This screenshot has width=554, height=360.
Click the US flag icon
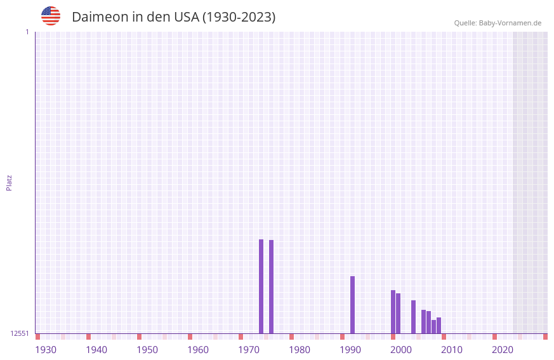(51, 17)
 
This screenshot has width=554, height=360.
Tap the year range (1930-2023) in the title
(239, 17)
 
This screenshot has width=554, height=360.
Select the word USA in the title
(187, 17)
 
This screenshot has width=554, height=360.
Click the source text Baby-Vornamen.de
(510, 23)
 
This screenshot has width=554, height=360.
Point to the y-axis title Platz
(9, 182)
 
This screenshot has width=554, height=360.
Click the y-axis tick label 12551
(20, 333)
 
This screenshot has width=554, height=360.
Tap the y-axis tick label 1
(27, 32)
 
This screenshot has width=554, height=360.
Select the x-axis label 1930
(46, 350)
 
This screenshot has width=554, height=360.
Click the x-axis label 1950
(147, 350)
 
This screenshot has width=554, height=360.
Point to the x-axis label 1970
(249, 350)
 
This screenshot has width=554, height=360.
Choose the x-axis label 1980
(300, 350)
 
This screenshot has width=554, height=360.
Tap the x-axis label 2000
(401, 350)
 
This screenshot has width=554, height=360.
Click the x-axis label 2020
(503, 350)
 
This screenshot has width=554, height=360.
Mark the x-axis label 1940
(96, 350)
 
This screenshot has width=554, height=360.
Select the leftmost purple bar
(261, 286)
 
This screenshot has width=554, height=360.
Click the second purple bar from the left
(271, 286)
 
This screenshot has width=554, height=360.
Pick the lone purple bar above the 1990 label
(352, 305)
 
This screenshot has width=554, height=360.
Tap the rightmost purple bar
(439, 325)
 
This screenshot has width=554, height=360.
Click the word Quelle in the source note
(465, 23)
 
